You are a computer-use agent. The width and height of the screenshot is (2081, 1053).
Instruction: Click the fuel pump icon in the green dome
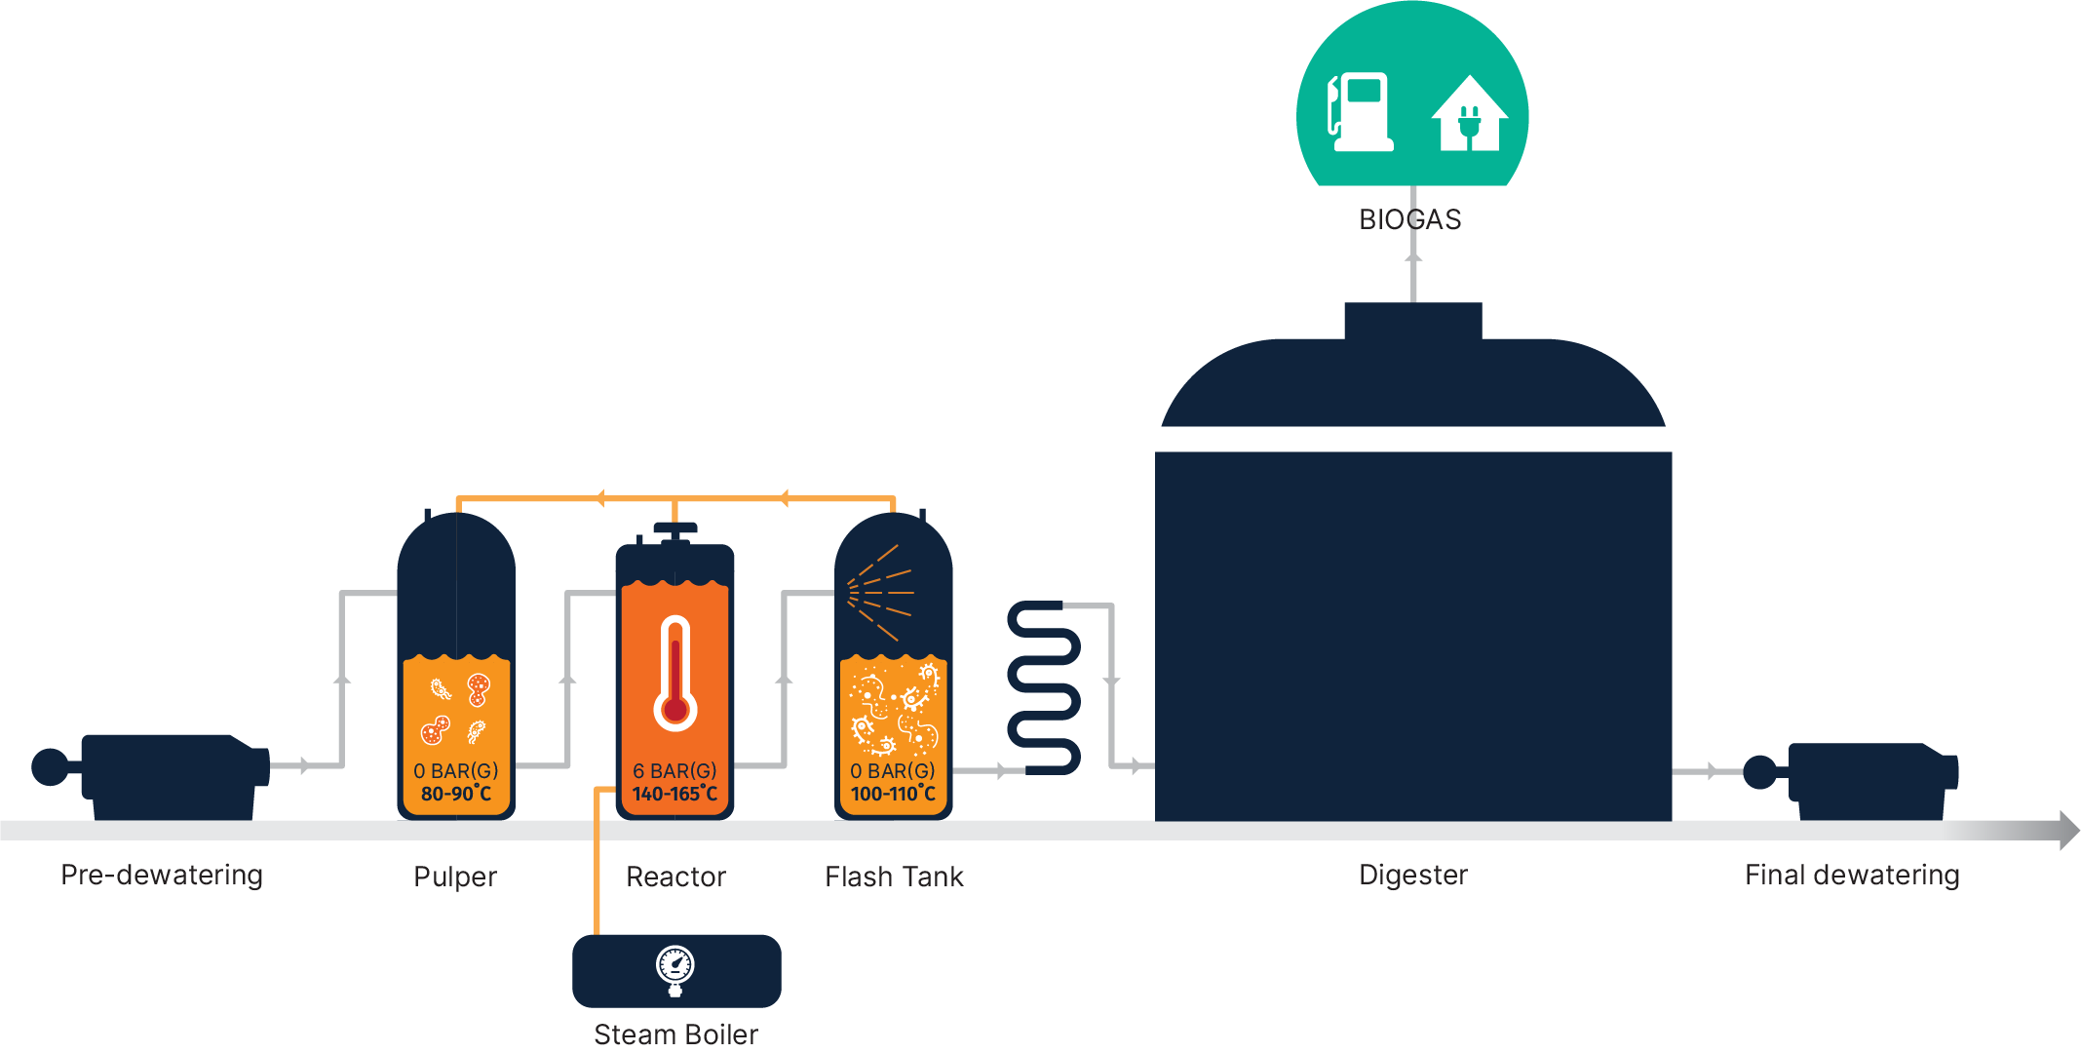pyautogui.click(x=1359, y=112)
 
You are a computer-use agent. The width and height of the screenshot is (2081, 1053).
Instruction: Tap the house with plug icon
pyautogui.click(x=1469, y=114)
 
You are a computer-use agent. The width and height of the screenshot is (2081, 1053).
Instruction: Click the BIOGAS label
pyautogui.click(x=1410, y=219)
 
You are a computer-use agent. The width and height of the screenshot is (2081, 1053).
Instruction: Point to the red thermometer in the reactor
pyautogui.click(x=674, y=674)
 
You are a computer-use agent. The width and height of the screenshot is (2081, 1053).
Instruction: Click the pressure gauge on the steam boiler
pyautogui.click(x=674, y=967)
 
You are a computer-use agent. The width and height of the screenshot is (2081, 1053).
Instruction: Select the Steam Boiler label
pyautogui.click(x=675, y=1034)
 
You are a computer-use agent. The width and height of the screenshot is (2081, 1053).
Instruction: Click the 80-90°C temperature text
pyautogui.click(x=456, y=794)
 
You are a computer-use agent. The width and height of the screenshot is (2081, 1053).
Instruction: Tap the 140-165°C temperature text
pyautogui.click(x=674, y=794)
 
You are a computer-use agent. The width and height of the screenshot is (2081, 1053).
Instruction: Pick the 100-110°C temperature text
pyautogui.click(x=893, y=794)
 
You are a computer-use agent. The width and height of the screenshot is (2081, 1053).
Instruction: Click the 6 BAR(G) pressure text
pyautogui.click(x=674, y=770)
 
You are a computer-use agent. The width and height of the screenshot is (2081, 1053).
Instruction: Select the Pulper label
pyautogui.click(x=455, y=877)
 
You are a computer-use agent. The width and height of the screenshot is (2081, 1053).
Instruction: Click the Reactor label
pyautogui.click(x=675, y=877)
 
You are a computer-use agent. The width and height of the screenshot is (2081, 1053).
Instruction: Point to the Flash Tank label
pyautogui.click(x=894, y=877)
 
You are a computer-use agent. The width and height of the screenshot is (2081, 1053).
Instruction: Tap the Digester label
pyautogui.click(x=1413, y=875)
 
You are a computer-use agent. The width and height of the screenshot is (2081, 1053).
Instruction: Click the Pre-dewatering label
pyautogui.click(x=162, y=875)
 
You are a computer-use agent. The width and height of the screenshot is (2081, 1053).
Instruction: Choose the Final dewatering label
pyautogui.click(x=1852, y=875)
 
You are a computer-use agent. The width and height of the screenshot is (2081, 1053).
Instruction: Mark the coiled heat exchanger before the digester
pyautogui.click(x=1044, y=687)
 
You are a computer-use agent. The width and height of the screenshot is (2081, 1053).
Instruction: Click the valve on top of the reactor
pyautogui.click(x=674, y=530)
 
